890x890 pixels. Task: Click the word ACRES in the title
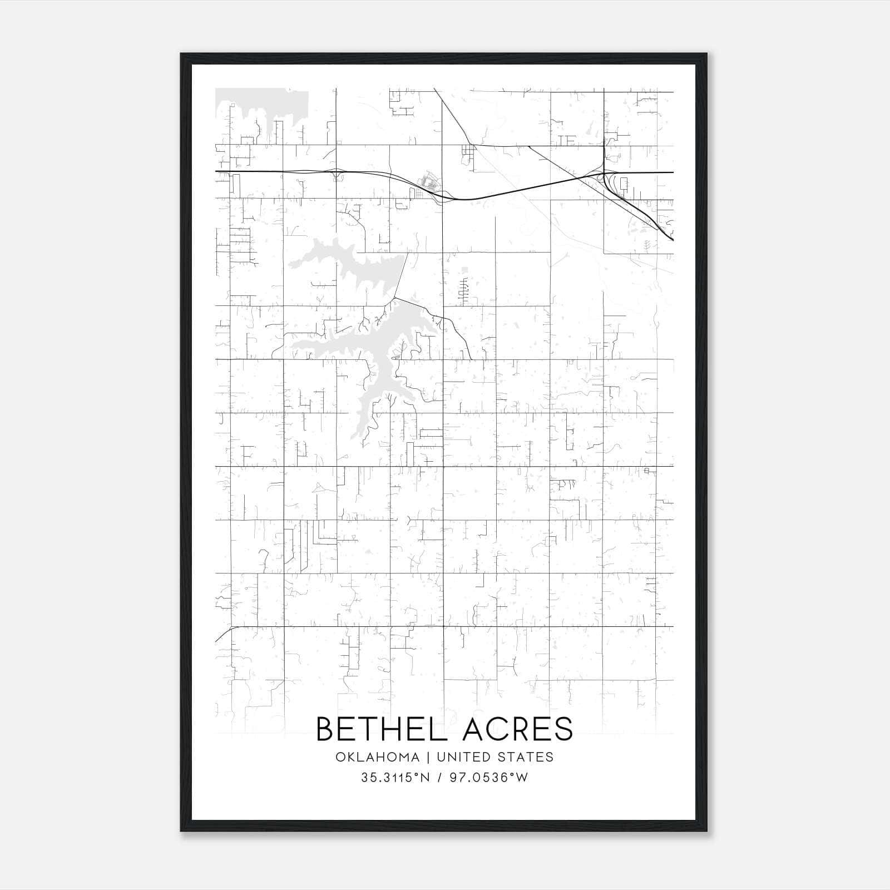[x=517, y=729]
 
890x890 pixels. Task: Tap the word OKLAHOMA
[x=377, y=757]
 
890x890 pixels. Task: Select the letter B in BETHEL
[x=325, y=729]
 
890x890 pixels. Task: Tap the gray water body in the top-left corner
[x=261, y=103]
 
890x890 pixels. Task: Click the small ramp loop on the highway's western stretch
[x=337, y=175]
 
